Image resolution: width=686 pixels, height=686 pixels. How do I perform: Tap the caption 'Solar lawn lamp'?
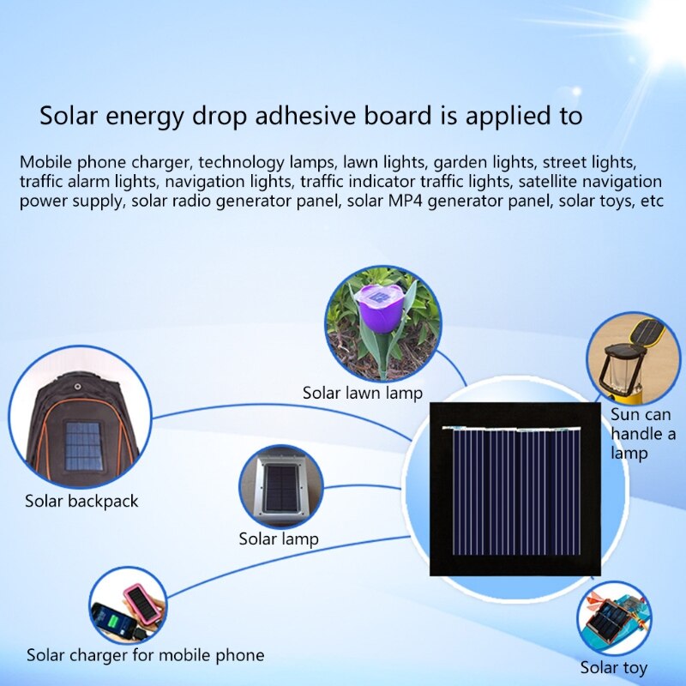click(363, 394)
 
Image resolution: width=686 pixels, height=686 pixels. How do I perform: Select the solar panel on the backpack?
click(82, 443)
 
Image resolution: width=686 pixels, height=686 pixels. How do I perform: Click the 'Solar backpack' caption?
click(81, 502)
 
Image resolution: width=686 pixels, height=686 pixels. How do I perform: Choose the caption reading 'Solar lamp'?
click(279, 539)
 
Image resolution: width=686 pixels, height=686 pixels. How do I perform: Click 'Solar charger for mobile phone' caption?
click(145, 656)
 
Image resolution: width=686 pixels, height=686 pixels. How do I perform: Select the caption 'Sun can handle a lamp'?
click(643, 433)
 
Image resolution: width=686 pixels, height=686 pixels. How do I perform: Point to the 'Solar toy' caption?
click(613, 668)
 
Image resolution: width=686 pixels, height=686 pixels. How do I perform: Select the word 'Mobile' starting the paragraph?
click(46, 161)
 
